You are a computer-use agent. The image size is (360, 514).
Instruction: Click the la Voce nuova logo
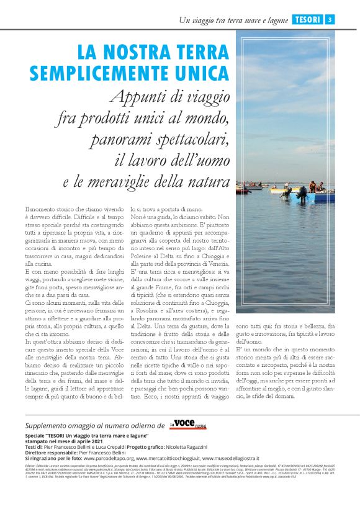pyautogui.click(x=188, y=425)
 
